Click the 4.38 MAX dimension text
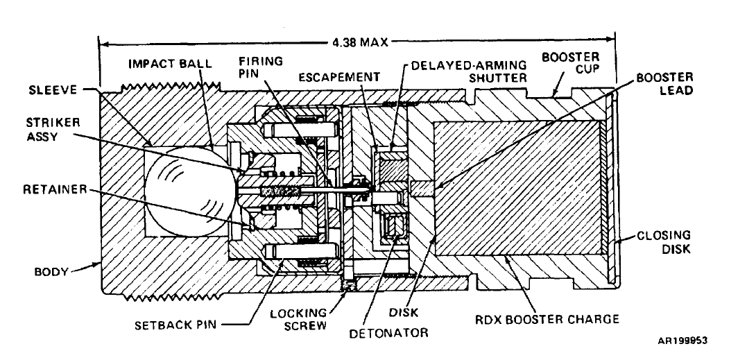point(360,42)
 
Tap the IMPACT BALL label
point(164,64)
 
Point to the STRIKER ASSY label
point(50,129)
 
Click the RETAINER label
point(55,189)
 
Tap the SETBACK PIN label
point(175,325)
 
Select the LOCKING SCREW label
point(299,320)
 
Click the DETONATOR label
point(388,333)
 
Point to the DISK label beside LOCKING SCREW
point(403,312)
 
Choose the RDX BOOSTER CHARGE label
point(547,318)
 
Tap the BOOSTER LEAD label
point(665,83)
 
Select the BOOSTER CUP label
point(570,63)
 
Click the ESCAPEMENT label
point(339,77)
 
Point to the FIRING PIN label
point(261,67)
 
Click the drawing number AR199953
point(682,341)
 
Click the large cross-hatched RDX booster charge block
point(518,189)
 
